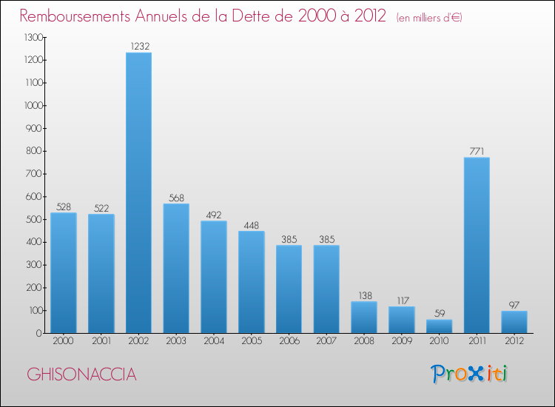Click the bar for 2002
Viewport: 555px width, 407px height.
138,192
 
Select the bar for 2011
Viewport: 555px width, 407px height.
477,245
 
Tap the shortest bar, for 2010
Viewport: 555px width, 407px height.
439,326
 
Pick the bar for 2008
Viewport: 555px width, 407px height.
364,317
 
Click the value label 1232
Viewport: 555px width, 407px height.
138,47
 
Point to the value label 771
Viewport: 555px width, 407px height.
477,152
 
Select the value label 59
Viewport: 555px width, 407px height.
439,314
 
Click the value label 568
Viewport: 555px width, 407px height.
176,198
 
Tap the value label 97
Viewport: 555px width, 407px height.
514,305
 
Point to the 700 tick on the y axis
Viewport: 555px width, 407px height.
34,174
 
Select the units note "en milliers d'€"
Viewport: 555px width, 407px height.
429,17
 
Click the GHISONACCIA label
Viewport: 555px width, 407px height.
81,374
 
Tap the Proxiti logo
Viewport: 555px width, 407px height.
470,374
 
